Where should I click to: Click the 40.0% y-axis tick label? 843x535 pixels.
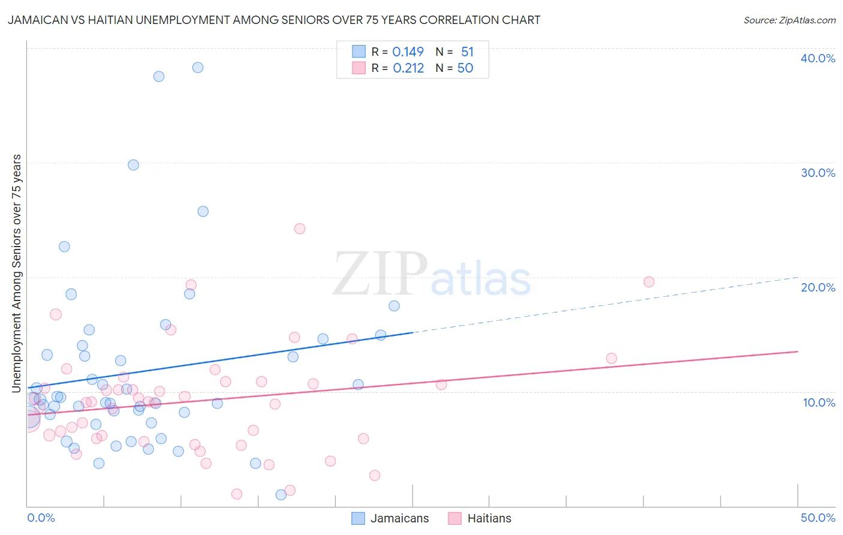pyautogui.click(x=818, y=58)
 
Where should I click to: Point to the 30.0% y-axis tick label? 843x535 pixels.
pyautogui.click(x=818, y=173)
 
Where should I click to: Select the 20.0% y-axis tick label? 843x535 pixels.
pyautogui.click(x=818, y=287)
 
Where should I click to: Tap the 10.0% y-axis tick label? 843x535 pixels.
pyautogui.click(x=819, y=402)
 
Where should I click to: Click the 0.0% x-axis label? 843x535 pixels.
pyautogui.click(x=41, y=518)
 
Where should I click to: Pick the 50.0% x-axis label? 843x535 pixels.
pyautogui.click(x=818, y=518)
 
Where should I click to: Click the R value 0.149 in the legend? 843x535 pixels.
pyautogui.click(x=408, y=52)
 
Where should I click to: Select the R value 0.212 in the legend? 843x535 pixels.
pyautogui.click(x=408, y=68)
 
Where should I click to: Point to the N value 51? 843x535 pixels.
pyautogui.click(x=467, y=52)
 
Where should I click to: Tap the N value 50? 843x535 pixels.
pyautogui.click(x=465, y=68)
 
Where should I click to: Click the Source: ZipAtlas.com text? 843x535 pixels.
pyautogui.click(x=789, y=20)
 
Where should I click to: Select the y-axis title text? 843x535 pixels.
pyautogui.click(x=16, y=273)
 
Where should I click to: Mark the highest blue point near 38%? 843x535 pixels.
pyautogui.click(x=197, y=67)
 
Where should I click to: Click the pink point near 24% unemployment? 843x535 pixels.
pyautogui.click(x=300, y=229)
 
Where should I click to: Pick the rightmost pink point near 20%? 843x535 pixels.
pyautogui.click(x=649, y=282)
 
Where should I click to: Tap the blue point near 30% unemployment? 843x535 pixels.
pyautogui.click(x=133, y=165)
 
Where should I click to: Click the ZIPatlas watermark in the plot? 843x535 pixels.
pyautogui.click(x=432, y=275)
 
